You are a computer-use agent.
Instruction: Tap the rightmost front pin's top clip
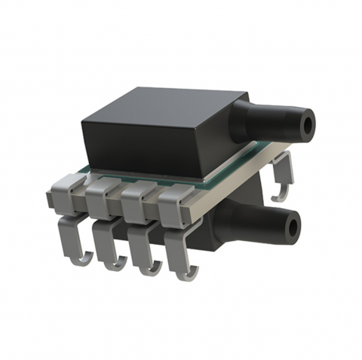click(x=171, y=203)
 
